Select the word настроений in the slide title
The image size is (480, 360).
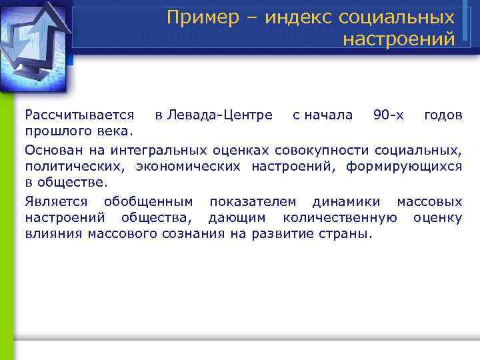(x=399, y=39)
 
